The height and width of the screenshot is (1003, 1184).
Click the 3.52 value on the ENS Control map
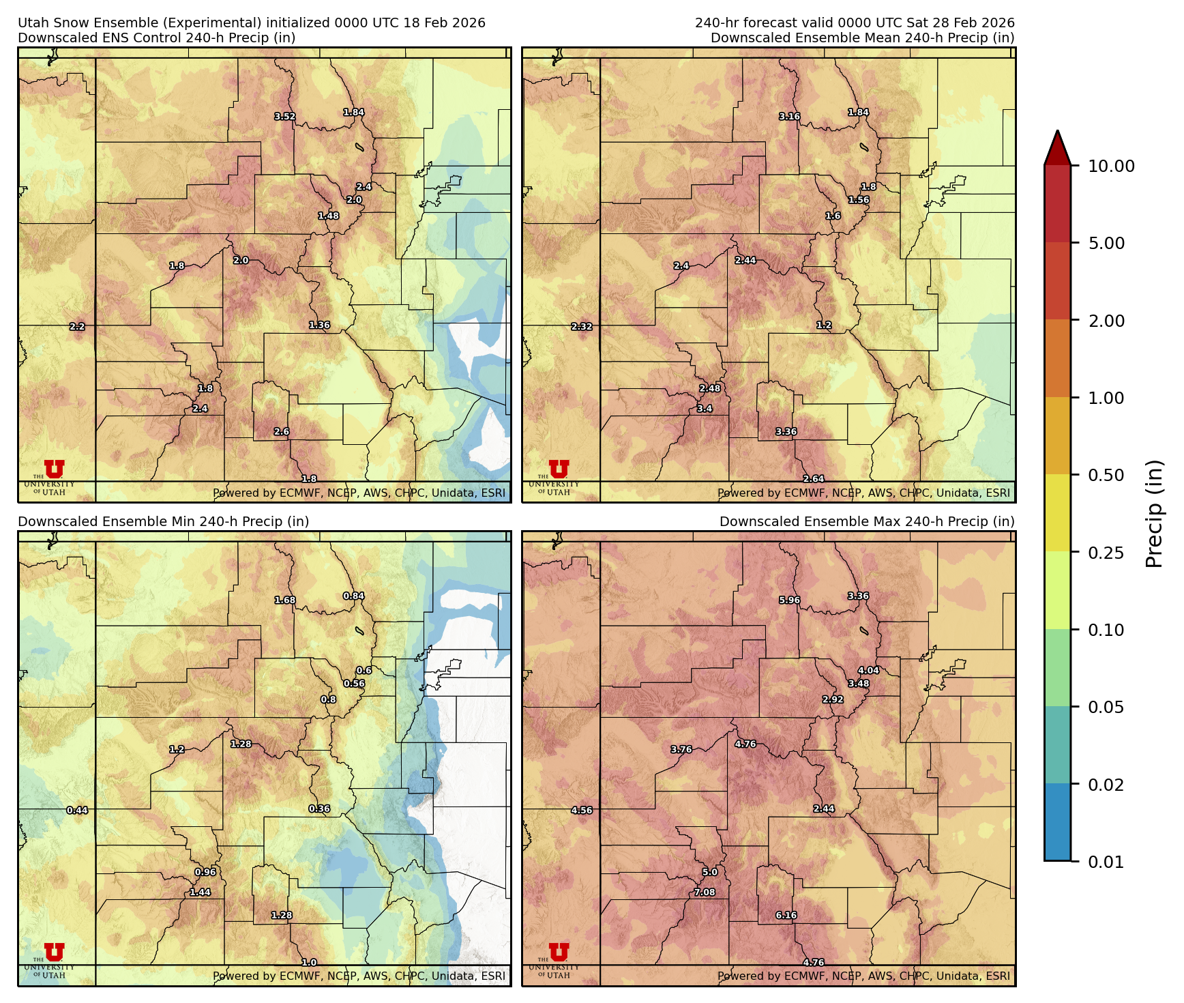(285, 117)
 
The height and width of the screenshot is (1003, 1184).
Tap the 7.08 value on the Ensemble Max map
(705, 892)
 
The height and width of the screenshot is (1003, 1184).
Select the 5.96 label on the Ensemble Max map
(789, 600)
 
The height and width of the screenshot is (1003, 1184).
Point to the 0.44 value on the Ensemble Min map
(77, 811)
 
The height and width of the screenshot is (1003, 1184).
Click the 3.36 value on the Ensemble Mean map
(786, 432)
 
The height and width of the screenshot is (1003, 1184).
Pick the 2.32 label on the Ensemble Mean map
(581, 327)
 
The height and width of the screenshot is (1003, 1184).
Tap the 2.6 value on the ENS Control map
(282, 432)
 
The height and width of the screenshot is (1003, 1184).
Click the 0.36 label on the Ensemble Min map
(319, 809)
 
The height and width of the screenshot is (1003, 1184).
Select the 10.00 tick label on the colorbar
(1111, 166)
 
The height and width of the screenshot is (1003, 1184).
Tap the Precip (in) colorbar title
(1154, 514)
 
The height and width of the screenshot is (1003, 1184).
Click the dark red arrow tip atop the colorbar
(1057, 146)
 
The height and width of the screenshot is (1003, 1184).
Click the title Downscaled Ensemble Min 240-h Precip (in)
(164, 522)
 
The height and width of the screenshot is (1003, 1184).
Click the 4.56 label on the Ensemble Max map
(581, 811)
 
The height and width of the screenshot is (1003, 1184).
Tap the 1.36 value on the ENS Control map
(319, 325)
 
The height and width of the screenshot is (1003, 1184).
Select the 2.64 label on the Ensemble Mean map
(813, 480)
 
